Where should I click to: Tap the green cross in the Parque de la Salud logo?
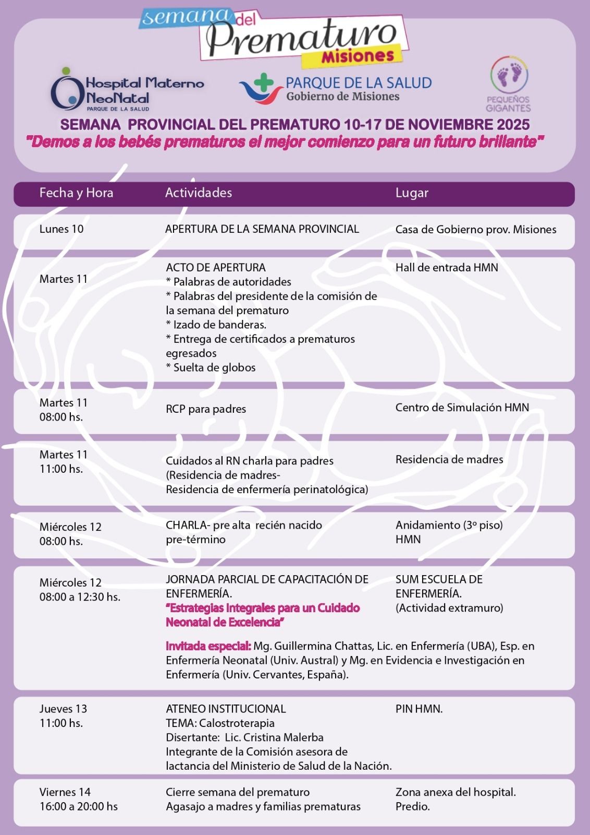tap(264, 82)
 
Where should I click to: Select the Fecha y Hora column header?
tap(76, 193)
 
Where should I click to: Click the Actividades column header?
tap(199, 193)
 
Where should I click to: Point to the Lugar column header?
tap(412, 193)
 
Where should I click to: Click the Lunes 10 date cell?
tap(62, 229)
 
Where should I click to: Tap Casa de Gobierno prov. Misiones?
tap(475, 230)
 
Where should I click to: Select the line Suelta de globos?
tap(211, 367)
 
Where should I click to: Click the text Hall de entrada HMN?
tap(447, 268)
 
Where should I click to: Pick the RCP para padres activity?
tap(206, 409)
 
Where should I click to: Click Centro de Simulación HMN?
tap(462, 408)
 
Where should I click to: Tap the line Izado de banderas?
tap(216, 325)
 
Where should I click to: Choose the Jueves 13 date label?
tap(63, 709)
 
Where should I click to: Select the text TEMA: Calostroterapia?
tap(220, 723)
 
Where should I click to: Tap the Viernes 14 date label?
tap(65, 792)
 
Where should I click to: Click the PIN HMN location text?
tap(419, 709)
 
